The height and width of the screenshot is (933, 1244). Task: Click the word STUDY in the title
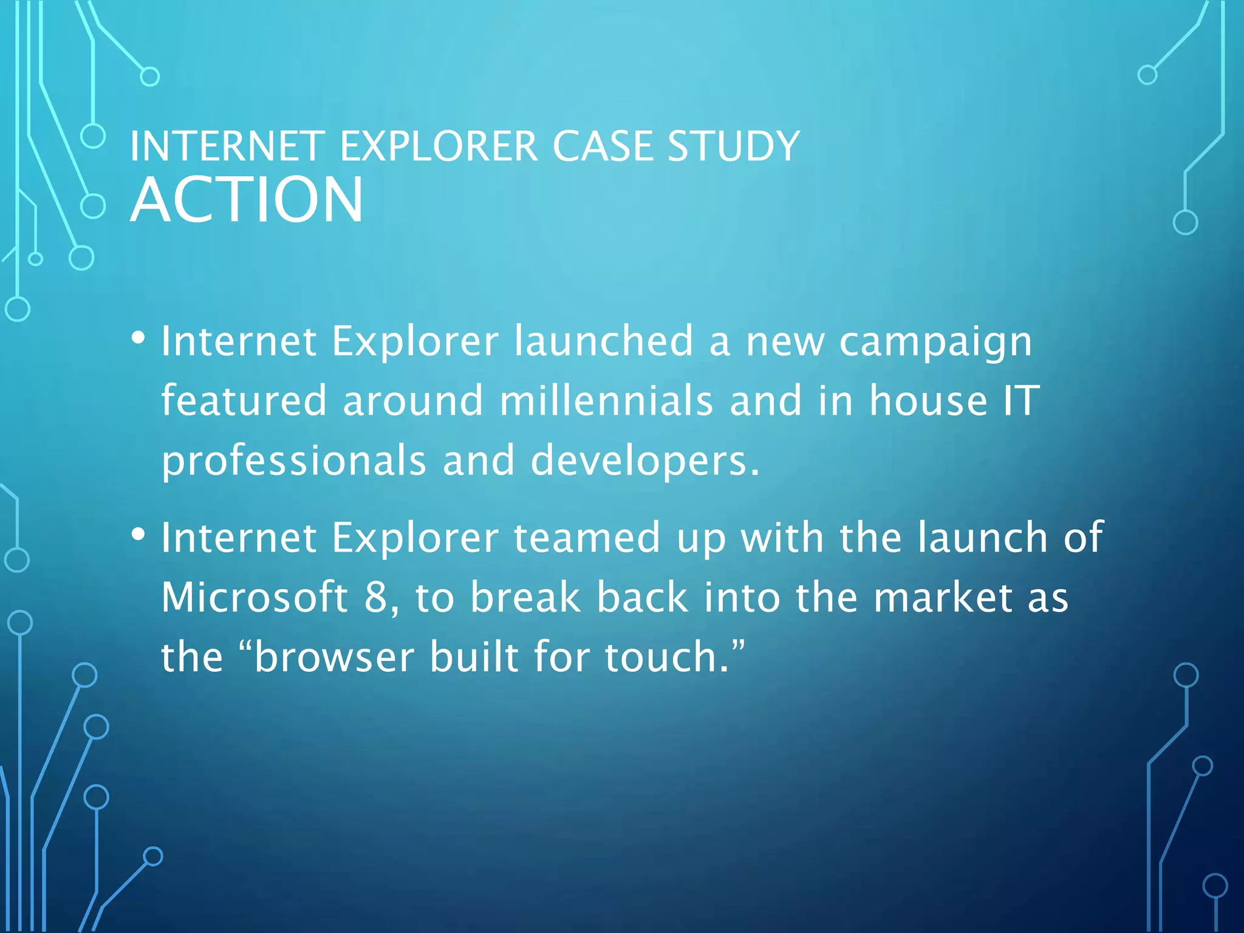coord(733,146)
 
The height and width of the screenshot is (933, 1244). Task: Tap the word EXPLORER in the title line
coord(438,146)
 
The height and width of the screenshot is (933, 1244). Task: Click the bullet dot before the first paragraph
coord(138,338)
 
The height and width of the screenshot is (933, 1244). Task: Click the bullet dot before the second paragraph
coord(138,535)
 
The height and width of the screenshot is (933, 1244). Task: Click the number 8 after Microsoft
coord(376,597)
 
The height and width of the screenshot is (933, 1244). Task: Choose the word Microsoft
coord(255,597)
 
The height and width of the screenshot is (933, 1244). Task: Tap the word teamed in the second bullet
coord(587,538)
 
